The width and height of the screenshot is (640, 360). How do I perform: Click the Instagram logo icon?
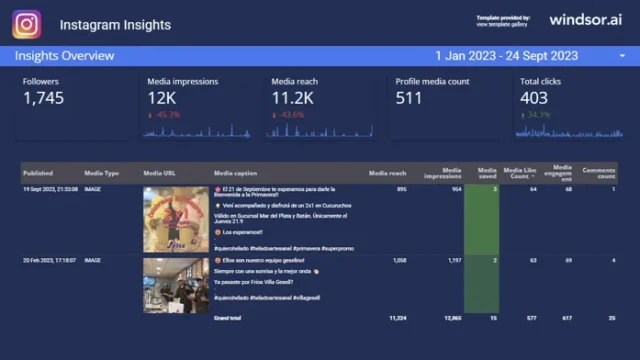click(27, 24)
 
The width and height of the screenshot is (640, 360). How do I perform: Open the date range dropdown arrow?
click(622, 56)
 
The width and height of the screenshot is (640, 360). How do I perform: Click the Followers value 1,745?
click(43, 98)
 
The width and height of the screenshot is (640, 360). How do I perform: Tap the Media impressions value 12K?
click(162, 98)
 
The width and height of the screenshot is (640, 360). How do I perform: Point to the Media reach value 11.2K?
click(292, 98)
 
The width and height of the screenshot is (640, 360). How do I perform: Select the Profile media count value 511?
click(408, 98)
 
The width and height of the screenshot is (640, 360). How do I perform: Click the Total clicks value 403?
click(534, 98)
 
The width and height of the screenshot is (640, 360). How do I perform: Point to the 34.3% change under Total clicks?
click(538, 115)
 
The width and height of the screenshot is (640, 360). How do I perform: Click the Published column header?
click(38, 173)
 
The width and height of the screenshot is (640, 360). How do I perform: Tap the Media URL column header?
click(160, 173)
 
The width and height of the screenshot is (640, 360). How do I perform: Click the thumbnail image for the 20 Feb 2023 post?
click(175, 285)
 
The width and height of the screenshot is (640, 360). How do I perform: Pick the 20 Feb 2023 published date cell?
click(51, 260)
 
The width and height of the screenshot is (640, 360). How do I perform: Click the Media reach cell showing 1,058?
click(397, 260)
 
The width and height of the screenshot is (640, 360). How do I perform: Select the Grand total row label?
click(228, 317)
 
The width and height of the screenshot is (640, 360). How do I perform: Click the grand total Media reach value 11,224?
click(396, 317)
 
